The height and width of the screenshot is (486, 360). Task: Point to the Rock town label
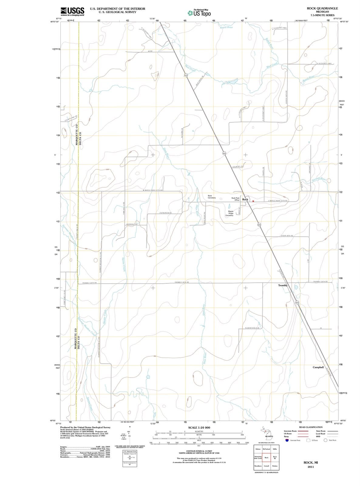click(x=245, y=200)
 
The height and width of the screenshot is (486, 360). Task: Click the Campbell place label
click(x=318, y=367)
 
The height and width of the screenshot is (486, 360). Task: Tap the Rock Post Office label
click(x=236, y=199)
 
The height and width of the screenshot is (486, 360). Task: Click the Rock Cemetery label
click(x=212, y=197)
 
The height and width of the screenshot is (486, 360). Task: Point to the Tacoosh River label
click(x=318, y=180)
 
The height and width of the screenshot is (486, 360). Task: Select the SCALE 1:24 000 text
click(x=199, y=427)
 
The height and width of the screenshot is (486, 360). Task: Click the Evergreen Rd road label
click(x=165, y=213)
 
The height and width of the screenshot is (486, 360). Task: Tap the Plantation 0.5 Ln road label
click(x=252, y=328)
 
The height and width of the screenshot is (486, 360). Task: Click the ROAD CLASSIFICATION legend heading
click(x=311, y=427)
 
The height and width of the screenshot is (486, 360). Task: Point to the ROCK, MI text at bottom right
click(x=311, y=463)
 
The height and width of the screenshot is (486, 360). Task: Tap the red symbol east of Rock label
click(x=253, y=201)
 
